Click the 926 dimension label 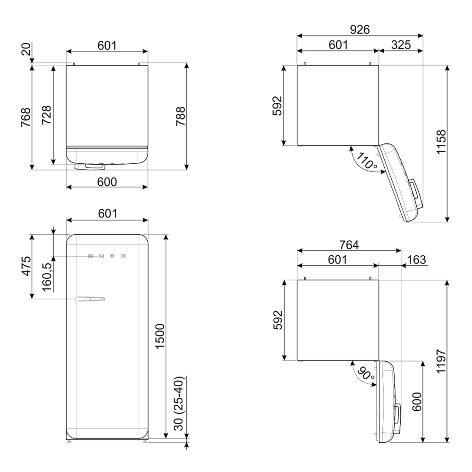tap(360, 29)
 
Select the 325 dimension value tap(401, 45)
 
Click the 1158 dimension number tap(441, 142)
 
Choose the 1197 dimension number tap(441, 361)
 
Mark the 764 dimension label tap(349, 245)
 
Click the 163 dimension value tap(417, 260)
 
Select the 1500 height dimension tap(160, 336)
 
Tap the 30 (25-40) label tap(179, 404)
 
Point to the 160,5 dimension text tap(47, 276)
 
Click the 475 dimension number tap(26, 266)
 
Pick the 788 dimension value tap(180, 116)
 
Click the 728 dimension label tap(46, 115)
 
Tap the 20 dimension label tap(26, 49)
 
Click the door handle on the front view tap(90, 299)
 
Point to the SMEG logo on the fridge tap(107, 256)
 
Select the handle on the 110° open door tap(415, 190)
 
